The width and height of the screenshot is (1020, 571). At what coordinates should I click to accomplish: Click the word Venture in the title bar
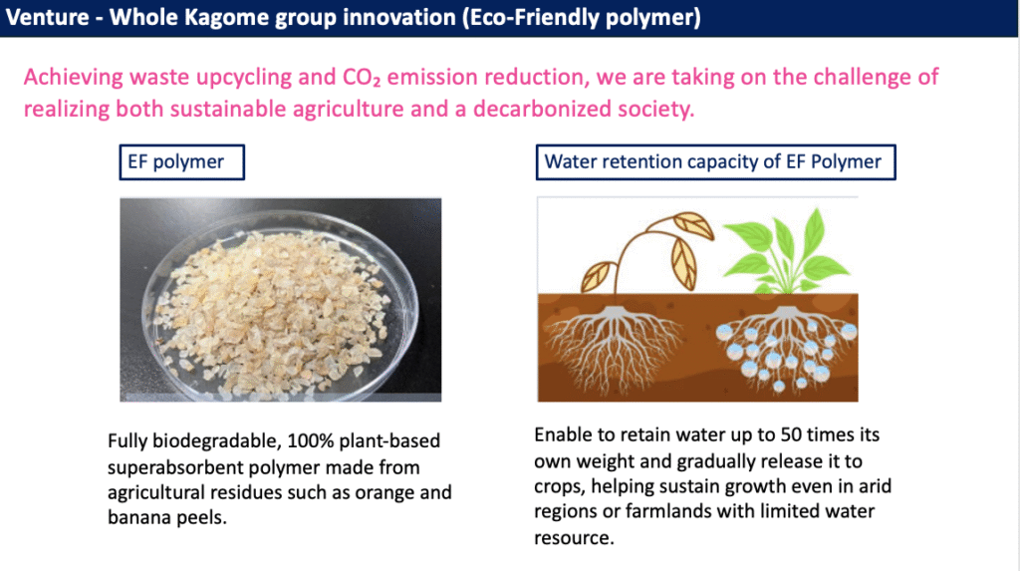click(47, 17)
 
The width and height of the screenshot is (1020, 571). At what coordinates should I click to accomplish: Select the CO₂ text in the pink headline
click(362, 78)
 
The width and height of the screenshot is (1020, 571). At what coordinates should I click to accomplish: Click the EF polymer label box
click(182, 162)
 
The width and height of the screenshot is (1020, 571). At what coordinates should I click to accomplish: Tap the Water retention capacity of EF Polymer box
click(715, 162)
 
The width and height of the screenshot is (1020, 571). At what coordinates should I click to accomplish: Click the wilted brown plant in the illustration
click(647, 254)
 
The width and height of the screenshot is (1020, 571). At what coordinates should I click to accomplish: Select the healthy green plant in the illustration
click(787, 251)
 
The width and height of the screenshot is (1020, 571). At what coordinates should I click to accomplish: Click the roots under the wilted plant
click(613, 349)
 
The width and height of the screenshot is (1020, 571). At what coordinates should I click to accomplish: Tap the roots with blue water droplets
click(787, 349)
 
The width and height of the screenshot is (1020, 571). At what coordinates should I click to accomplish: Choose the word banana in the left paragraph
click(135, 517)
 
